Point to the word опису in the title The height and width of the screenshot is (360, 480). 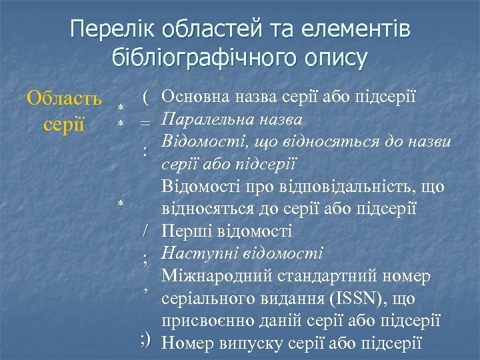pyautogui.click(x=333, y=58)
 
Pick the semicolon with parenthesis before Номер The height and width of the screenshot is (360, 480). pyautogui.click(x=147, y=341)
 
